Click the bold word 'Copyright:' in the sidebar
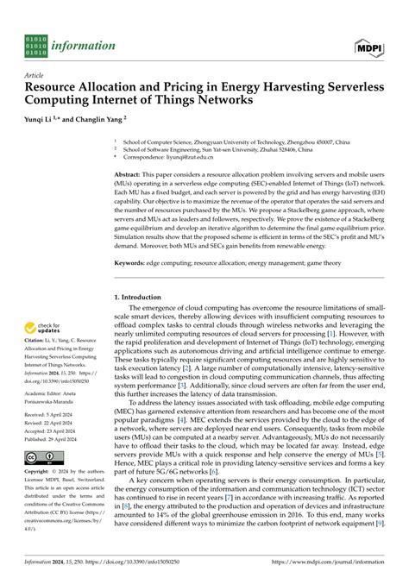pos(41,499)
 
